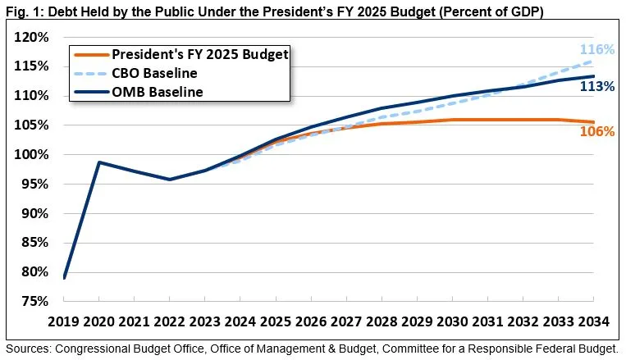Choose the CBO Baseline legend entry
tap(156, 74)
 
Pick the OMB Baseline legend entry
tap(157, 92)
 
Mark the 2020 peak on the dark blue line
tap(99, 162)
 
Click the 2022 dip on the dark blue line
tap(170, 180)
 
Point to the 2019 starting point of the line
tap(64, 277)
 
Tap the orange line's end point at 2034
tap(594, 122)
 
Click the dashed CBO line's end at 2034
tap(594, 62)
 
